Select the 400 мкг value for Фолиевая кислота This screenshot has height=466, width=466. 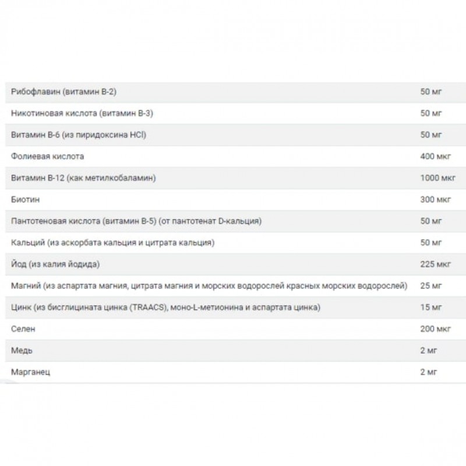(433, 157)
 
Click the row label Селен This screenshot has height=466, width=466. (23, 329)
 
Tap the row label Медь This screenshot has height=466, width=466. (22, 351)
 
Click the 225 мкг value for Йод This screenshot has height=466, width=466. (433, 264)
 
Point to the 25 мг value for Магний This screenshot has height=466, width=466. (429, 286)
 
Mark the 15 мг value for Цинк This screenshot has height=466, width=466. (429, 308)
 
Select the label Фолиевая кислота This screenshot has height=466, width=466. (48, 157)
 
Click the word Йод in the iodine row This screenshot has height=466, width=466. (19, 264)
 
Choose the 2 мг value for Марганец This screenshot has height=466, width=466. (426, 372)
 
